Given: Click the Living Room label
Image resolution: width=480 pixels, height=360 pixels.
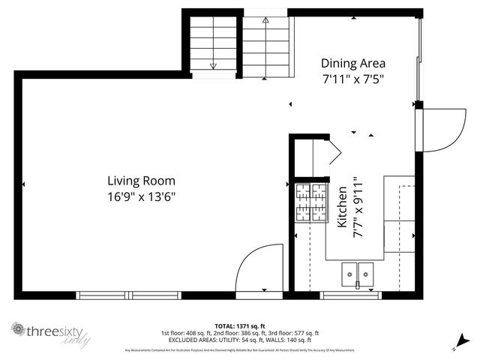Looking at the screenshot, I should point(141,181).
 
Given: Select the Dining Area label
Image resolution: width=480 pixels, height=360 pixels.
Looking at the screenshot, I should point(353,63).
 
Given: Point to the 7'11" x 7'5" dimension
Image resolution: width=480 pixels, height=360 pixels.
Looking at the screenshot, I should point(353,79).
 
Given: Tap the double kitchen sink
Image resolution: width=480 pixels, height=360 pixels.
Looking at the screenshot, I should point(358,274).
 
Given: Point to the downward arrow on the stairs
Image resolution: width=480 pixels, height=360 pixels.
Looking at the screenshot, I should point(213,64).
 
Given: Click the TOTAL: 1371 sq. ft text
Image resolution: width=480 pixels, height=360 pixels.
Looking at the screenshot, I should point(239,325).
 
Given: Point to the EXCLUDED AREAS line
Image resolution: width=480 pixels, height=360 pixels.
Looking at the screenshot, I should point(239,339).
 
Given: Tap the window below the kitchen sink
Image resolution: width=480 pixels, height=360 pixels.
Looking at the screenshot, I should point(352,295).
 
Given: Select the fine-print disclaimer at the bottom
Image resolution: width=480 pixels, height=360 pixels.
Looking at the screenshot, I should point(239,349).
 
